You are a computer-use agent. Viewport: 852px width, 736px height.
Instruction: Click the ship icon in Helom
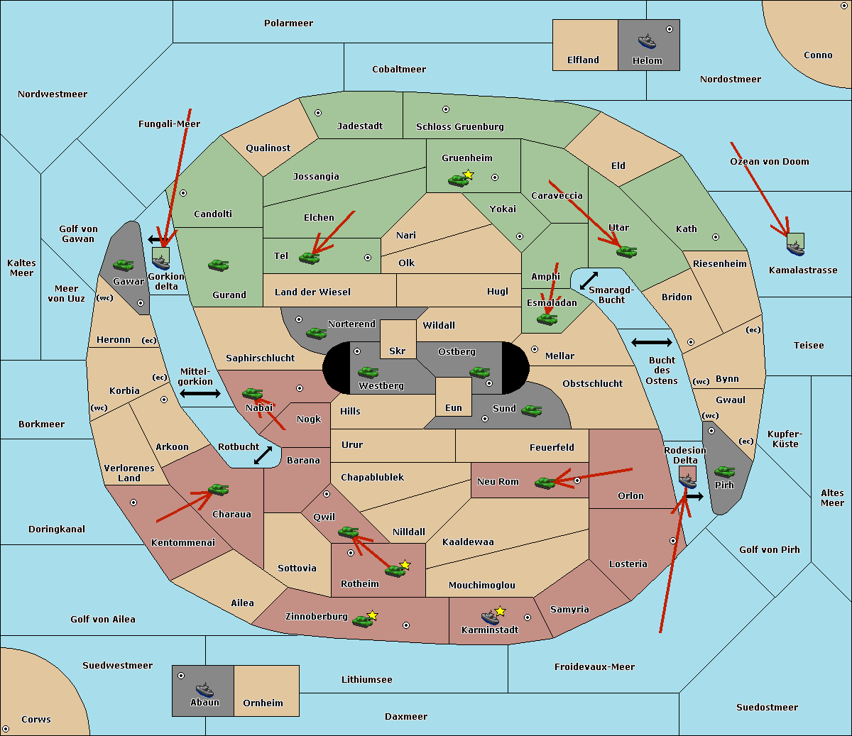point(647,40)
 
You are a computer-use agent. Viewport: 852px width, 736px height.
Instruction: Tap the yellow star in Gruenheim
point(468,175)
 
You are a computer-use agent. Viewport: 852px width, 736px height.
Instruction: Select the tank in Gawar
point(123,265)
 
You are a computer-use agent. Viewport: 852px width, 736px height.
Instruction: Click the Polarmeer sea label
point(288,23)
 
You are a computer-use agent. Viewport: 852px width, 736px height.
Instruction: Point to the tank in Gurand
point(218,265)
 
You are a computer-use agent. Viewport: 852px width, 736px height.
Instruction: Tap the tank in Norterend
point(316,333)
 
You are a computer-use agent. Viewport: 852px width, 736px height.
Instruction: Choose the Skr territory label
point(398,351)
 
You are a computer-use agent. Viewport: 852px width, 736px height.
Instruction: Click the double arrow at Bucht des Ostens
point(651,343)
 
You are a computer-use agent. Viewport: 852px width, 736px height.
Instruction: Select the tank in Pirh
point(724,471)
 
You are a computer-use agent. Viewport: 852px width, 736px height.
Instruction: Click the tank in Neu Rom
point(545,483)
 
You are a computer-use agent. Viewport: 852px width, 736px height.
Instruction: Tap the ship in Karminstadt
point(490,617)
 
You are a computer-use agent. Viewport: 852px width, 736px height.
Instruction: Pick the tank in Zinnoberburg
point(363,621)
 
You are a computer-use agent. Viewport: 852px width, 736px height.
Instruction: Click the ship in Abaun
point(204,689)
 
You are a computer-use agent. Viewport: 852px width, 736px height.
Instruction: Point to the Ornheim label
point(263,703)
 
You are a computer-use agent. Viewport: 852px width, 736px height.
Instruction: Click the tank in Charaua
point(218,490)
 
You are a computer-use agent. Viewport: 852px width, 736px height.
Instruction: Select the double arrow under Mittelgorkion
point(200,393)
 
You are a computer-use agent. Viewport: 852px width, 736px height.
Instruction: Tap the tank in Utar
point(626,251)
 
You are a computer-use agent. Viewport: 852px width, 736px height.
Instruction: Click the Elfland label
point(583,60)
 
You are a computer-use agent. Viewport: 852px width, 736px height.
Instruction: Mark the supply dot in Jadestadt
point(318,113)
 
